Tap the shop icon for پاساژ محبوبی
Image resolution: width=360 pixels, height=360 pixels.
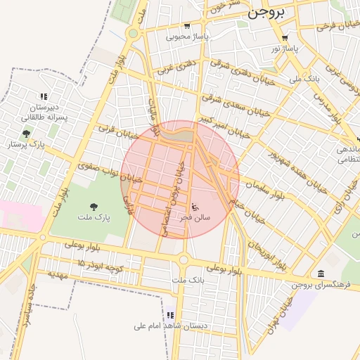point(185,27)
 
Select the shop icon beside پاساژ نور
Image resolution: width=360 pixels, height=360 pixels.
point(284,39)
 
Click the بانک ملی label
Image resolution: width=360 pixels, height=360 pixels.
point(304,79)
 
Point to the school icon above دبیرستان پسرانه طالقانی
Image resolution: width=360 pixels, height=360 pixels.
point(44,96)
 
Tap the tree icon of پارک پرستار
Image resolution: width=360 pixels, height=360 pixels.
point(26,134)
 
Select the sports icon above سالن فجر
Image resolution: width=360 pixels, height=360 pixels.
point(195,207)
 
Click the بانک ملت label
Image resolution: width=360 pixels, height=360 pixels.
point(187,281)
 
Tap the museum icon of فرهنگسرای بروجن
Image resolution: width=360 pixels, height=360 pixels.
point(321,274)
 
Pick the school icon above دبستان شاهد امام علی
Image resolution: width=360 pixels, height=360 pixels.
point(169,315)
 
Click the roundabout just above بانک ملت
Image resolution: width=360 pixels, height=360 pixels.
point(184,260)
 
